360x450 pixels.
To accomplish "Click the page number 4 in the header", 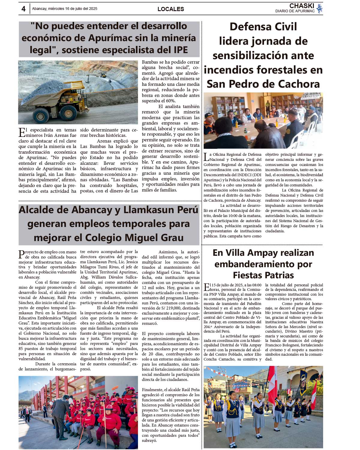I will tap(23, 9).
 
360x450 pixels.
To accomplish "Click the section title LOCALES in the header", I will tap(171, 9).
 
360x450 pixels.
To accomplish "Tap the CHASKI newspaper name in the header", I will tap(301, 6).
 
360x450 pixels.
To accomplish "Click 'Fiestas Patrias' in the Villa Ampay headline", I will tap(263, 275).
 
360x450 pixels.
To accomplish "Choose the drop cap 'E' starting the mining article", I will tap(22, 132).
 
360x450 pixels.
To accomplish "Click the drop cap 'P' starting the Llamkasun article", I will tap(22, 255).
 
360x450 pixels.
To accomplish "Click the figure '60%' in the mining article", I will tap(170, 101).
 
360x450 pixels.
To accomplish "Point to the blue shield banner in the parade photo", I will tap(303, 382).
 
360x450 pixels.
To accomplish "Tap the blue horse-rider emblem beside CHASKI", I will tap(319, 8).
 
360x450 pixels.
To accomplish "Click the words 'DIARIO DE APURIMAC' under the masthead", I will tap(295, 11).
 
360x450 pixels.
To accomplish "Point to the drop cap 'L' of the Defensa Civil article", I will tap(206, 157).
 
